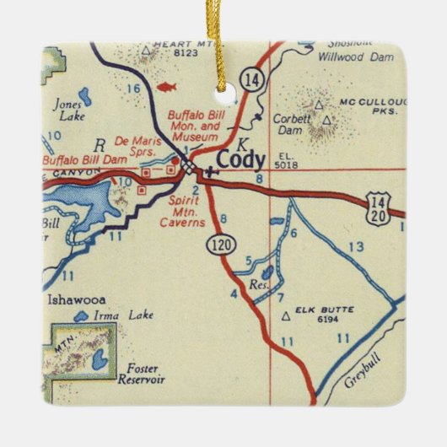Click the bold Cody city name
coord(241,159)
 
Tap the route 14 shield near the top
coord(251,78)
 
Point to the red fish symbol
coord(166,86)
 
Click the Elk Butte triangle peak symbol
coord(287,315)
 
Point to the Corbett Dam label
coord(290,125)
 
